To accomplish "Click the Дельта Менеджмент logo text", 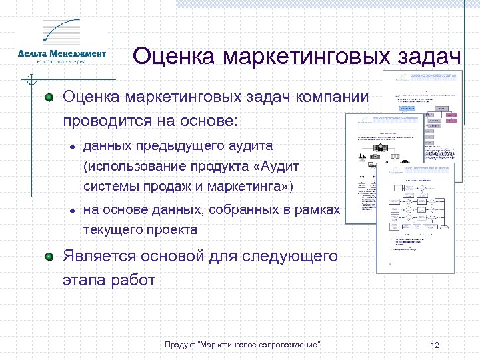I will pos(61,54).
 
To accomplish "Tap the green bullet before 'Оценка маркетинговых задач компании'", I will pos(48,99).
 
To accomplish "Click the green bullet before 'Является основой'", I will pos(48,257).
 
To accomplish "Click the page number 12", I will pos(435,345).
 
